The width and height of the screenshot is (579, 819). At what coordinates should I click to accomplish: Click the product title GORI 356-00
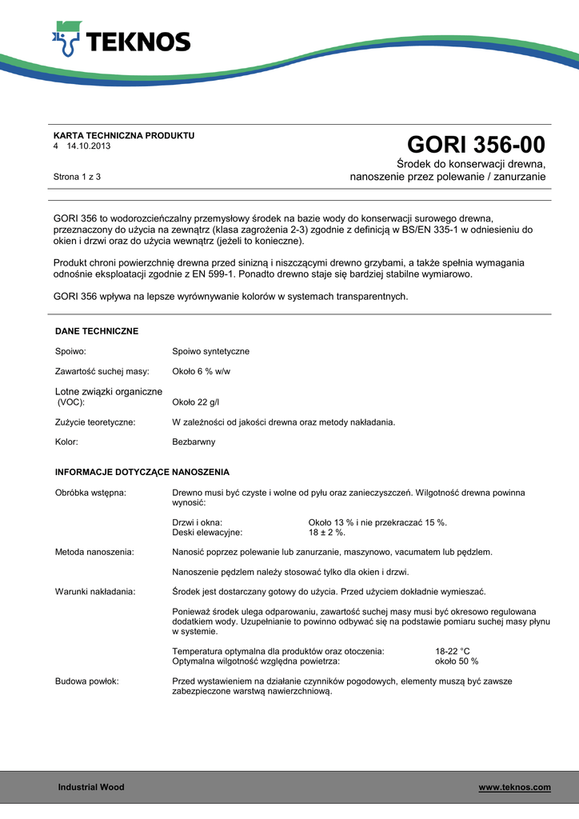click(476, 145)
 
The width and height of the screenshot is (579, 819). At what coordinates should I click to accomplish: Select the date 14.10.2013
click(89, 147)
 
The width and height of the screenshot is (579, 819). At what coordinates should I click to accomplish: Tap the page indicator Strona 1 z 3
click(77, 176)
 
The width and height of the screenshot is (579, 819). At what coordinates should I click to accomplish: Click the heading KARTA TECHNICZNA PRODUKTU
click(124, 135)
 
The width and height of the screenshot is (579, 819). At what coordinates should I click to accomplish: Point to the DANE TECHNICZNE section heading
click(97, 330)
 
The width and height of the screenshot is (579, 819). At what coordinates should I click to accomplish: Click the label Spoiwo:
click(70, 351)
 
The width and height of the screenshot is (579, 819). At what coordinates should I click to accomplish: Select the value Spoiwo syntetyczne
click(211, 351)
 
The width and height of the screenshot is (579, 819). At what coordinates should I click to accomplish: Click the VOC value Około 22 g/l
click(197, 402)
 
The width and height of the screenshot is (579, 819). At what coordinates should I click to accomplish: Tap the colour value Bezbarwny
click(194, 441)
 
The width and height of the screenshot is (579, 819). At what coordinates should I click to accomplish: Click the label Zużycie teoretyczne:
click(95, 421)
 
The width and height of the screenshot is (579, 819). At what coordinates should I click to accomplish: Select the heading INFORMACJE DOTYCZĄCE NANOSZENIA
click(142, 472)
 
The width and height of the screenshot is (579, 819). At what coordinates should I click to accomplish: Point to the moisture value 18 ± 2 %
click(326, 532)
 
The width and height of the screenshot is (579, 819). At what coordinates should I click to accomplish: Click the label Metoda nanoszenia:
click(94, 552)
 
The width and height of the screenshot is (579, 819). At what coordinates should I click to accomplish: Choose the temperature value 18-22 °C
click(453, 652)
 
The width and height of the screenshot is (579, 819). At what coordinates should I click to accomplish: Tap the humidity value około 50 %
click(457, 661)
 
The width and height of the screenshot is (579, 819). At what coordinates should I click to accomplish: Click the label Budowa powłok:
click(87, 681)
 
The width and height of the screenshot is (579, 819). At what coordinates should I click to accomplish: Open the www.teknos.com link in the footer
click(514, 788)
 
